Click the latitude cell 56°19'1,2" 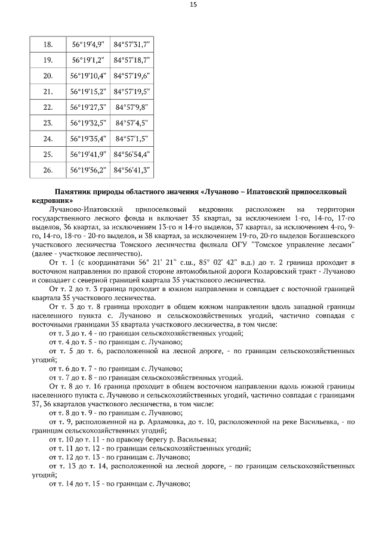88,60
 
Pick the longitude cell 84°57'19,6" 131,76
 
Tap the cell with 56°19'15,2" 88,92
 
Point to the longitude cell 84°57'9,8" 131,107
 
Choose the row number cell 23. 48,123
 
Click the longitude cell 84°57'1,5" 131,138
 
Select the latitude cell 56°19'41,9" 88,154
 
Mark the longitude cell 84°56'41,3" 131,169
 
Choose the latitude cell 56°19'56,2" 88,169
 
